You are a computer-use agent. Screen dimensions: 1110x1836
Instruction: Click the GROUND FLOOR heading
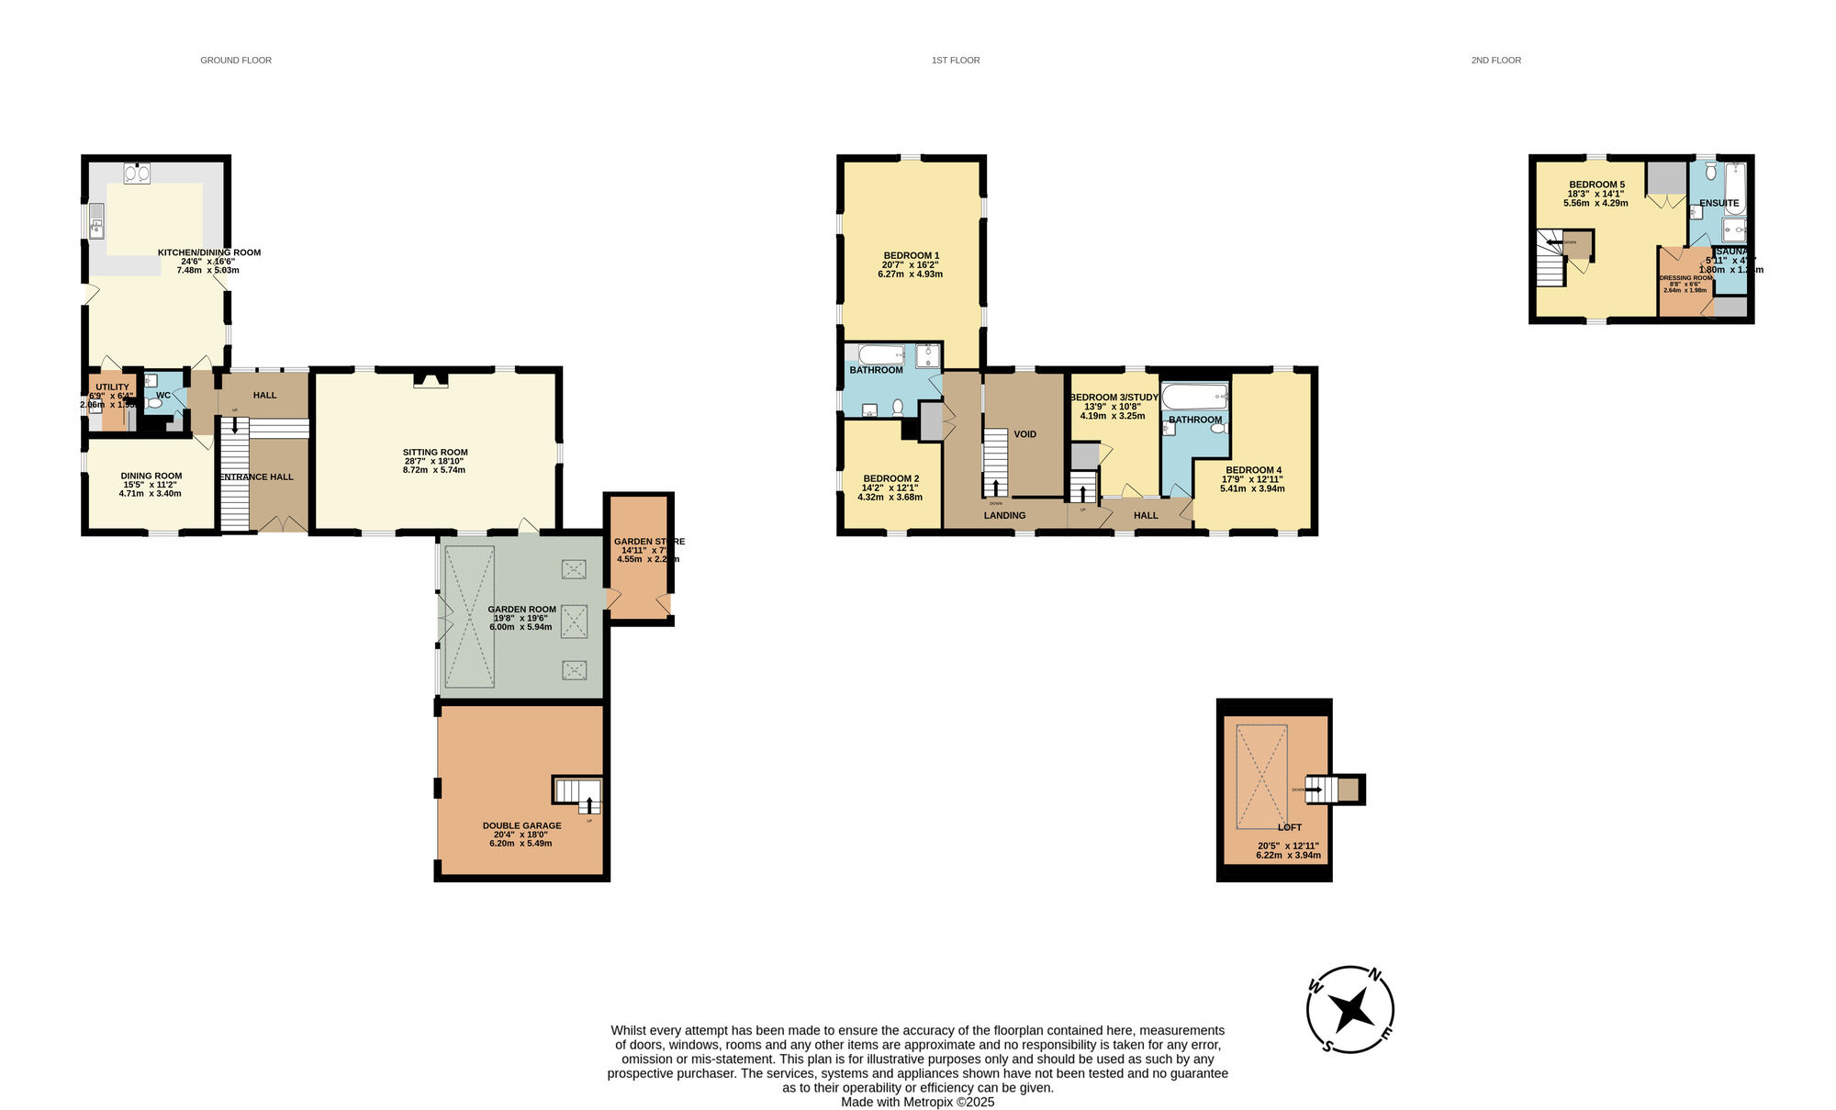click(236, 61)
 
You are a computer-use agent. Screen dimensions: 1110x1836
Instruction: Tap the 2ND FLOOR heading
click(1495, 61)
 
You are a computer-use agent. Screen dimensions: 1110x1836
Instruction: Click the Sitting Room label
click(434, 453)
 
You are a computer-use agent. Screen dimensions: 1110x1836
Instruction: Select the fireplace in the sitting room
click(431, 379)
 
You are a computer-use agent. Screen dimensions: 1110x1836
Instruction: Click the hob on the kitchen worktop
click(137, 173)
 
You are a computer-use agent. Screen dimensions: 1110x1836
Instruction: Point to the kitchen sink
click(95, 221)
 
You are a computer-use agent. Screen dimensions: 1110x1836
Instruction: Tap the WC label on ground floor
click(162, 396)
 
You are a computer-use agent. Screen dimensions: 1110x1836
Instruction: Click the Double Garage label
click(521, 825)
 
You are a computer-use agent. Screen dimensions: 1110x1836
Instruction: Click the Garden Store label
click(648, 542)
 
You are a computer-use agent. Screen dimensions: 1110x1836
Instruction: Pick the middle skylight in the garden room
click(574, 621)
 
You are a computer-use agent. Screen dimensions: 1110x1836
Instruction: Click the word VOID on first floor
click(1024, 434)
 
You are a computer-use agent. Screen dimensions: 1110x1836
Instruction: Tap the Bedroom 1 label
click(911, 256)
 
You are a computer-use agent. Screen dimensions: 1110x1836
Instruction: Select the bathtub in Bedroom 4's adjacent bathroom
click(1194, 398)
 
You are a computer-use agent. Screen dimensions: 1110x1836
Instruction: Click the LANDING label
click(1004, 516)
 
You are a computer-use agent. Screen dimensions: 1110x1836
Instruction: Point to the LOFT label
click(1289, 827)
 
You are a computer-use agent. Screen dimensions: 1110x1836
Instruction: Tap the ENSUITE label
click(1718, 203)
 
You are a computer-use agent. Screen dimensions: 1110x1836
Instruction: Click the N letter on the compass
click(1374, 974)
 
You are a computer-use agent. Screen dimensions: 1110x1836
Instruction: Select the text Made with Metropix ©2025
click(917, 1102)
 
